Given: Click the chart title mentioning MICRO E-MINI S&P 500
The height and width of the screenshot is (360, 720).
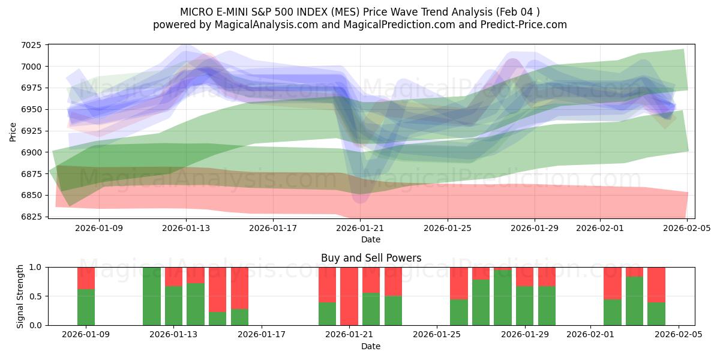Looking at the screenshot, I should pos(359,12).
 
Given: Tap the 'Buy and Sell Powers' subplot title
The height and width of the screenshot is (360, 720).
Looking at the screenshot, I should pos(371,258).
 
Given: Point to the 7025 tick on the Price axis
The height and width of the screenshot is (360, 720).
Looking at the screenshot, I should pos(31,45).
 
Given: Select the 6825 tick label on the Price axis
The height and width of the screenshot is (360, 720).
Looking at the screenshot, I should pos(31,217).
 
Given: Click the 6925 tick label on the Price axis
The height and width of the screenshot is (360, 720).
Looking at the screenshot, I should pos(31,131).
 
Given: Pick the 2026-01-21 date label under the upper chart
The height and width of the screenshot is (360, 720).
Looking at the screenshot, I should pos(361,228).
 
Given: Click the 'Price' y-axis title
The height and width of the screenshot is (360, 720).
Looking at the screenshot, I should pos(13,131).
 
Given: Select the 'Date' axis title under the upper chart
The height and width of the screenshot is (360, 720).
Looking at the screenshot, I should pos(371,239).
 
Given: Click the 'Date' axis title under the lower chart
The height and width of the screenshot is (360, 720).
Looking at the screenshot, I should pos(371,346).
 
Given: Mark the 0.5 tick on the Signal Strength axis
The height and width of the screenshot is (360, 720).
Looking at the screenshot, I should pos(35,296).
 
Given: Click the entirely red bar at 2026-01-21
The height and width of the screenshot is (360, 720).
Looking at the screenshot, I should pos(349,296).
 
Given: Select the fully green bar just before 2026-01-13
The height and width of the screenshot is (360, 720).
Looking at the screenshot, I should pos(152,296).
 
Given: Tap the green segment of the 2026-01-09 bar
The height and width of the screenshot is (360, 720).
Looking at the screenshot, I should pos(86,307).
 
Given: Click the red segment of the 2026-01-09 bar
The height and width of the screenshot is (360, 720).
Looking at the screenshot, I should pos(86,278).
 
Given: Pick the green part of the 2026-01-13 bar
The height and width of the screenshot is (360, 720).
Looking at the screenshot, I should pos(173,305).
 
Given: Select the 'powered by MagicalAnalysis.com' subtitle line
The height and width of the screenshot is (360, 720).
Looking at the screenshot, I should pos(359,25).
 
